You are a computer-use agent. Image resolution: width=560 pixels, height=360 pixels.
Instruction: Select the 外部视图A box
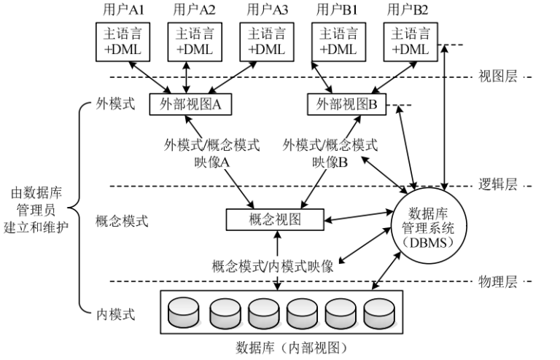[x=190, y=104]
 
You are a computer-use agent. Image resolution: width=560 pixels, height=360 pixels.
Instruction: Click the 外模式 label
[x=115, y=104]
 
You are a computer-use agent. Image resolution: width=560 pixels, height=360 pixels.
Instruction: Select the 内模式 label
[x=115, y=315]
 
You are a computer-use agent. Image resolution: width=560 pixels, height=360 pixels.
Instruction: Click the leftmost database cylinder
[x=182, y=313]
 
